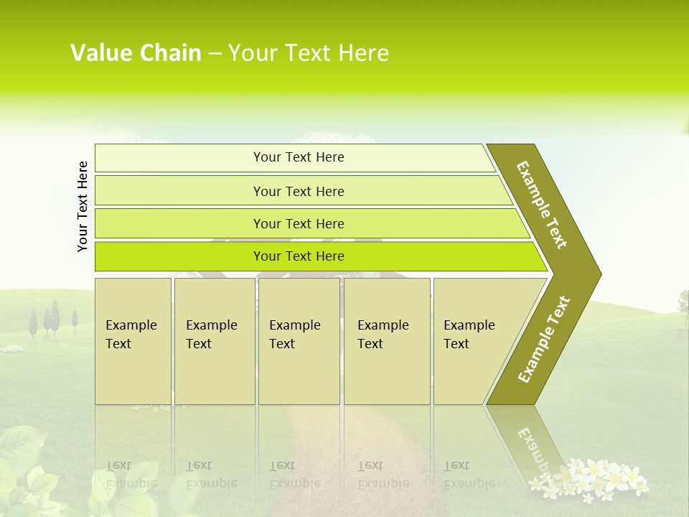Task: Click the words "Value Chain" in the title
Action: (x=136, y=53)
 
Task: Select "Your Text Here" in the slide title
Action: (x=309, y=53)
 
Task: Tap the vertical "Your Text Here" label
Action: (x=83, y=206)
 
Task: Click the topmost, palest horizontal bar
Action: (x=294, y=157)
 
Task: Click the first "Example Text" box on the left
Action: (x=133, y=341)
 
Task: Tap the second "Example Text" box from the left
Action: (x=214, y=341)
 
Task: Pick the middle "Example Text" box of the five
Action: (x=299, y=341)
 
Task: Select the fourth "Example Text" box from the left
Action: (x=387, y=341)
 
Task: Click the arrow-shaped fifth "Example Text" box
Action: (x=474, y=341)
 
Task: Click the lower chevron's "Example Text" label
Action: (x=544, y=340)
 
